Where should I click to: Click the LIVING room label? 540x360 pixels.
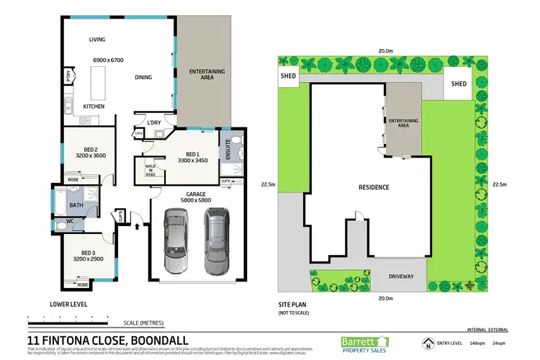pos(97,40)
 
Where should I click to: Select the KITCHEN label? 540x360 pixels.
pos(94,107)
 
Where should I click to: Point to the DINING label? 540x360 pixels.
pos(145,78)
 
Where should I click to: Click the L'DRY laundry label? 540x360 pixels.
pos(153,122)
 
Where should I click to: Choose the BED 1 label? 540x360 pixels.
pos(192,154)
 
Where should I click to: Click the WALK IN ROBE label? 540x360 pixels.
pos(150,168)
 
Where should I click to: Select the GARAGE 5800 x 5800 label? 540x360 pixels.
pos(196,197)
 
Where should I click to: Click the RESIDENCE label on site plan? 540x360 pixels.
pos(374,187)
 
